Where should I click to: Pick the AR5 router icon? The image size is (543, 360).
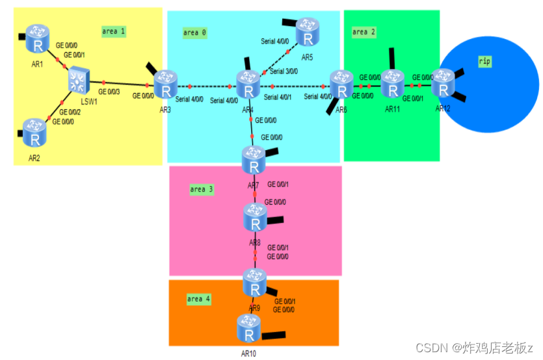308,32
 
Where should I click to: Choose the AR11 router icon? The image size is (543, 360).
393,83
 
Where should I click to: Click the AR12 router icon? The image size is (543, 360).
445,83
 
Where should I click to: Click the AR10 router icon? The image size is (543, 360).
248,329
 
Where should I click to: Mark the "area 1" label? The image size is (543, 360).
114,31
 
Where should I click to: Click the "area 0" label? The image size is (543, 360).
195,32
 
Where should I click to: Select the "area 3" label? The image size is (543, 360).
202,190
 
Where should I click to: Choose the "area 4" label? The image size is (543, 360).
199,299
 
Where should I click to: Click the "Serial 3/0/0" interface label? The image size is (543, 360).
284,71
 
